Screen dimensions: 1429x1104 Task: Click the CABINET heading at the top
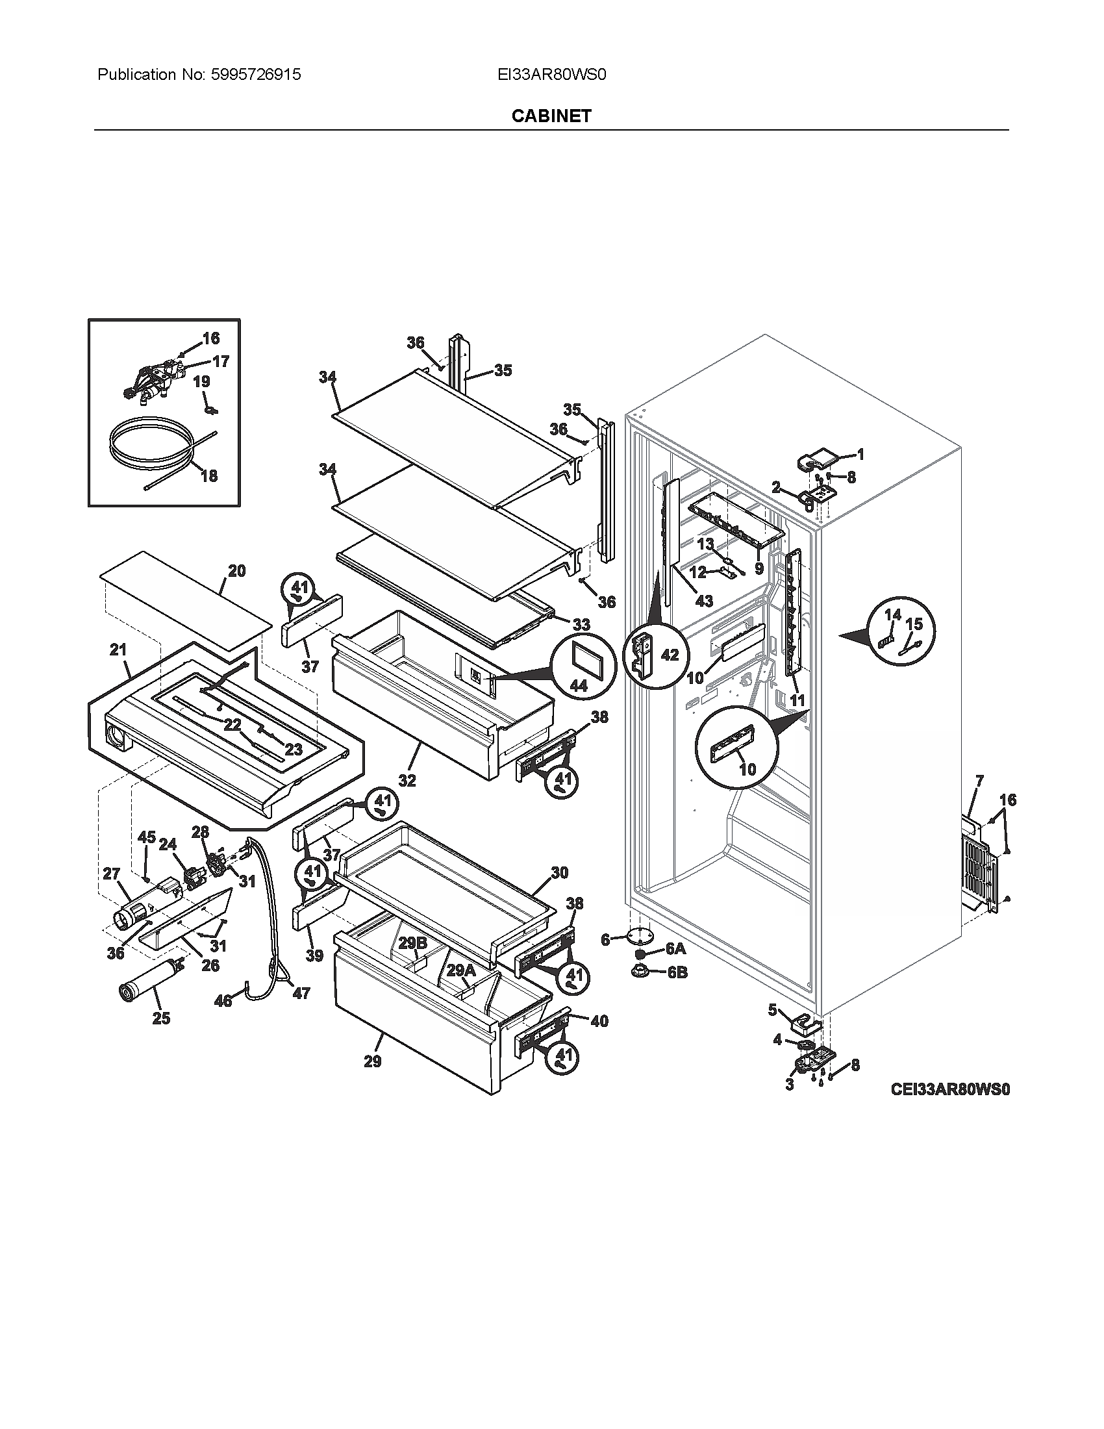click(551, 116)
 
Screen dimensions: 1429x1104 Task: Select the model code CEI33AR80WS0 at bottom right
click(949, 1089)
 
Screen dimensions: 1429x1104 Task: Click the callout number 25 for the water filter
click(161, 1018)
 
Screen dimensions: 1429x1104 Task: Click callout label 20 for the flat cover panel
click(237, 571)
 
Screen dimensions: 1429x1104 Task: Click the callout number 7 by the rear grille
click(979, 780)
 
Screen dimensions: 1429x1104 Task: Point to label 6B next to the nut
click(677, 972)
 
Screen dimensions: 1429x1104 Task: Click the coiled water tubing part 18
click(151, 446)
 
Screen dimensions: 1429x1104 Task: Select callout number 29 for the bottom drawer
click(373, 1061)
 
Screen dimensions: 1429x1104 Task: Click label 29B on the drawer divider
click(412, 943)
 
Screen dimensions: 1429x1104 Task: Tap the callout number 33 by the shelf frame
click(581, 624)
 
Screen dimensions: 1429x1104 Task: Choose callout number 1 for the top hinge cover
click(860, 454)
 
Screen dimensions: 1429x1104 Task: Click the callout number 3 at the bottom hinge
click(790, 1085)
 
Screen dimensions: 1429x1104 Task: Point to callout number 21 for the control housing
click(118, 650)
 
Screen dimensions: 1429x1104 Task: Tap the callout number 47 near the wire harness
click(301, 993)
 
